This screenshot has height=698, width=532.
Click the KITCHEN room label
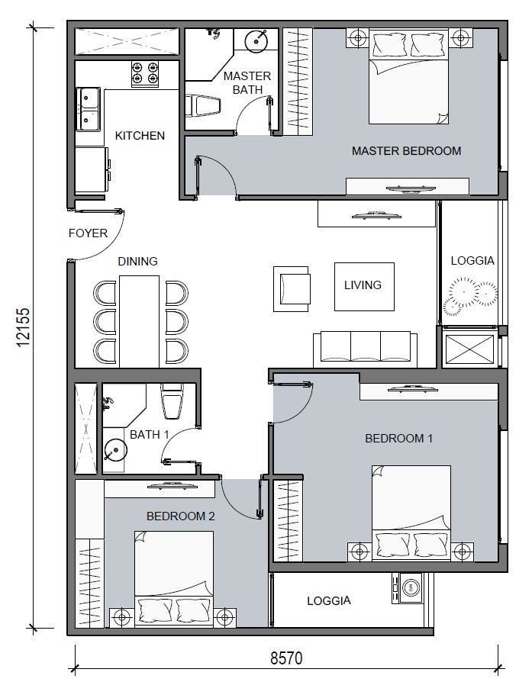pos(140,135)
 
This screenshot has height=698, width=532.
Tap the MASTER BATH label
pos(247,83)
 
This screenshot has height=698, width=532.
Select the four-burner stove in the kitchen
pos(145,73)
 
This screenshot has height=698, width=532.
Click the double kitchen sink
pos(89,109)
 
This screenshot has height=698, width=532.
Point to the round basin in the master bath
pos(256,40)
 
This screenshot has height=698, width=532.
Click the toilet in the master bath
pos(203,106)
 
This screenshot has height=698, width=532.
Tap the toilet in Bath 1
pos(172,401)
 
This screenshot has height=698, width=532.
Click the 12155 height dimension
pos(23,327)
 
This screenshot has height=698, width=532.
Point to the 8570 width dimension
pos(286,658)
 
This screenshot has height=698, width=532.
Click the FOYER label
pos(88,233)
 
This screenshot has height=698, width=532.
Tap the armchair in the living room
pos(292,289)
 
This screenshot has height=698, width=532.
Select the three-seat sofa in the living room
pos(366,349)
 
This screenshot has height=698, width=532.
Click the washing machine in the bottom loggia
pos(408,588)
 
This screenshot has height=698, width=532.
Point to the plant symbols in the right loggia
pos(470,295)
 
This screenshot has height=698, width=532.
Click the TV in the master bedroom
pos(411,189)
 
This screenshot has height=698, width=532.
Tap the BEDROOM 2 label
pos(180,516)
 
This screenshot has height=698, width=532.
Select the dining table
pos(139,321)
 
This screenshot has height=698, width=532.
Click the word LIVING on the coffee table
pos(363,285)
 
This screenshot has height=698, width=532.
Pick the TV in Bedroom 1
pos(413,388)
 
